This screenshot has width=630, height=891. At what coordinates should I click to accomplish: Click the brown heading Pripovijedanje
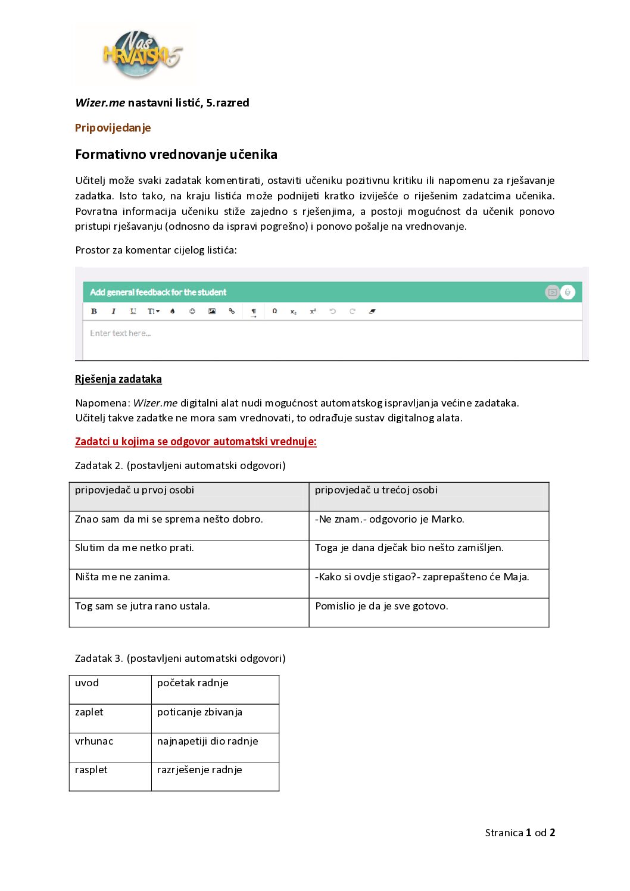coord(113,128)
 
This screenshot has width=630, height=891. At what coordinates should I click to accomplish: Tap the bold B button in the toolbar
coord(93,311)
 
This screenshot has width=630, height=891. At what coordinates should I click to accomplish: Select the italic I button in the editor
coord(113,311)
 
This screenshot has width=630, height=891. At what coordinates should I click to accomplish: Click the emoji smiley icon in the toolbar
coord(192,311)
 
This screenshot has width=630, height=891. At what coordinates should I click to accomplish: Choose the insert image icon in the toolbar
coord(212,311)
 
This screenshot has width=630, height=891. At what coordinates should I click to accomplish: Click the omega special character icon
coord(275,311)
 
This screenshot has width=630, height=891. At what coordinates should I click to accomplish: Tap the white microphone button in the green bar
coord(568,292)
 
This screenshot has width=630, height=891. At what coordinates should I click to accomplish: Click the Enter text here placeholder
coord(120,333)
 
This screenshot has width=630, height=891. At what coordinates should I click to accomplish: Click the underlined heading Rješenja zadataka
coord(118,379)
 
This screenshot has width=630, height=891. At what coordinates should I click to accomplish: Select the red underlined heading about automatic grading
coord(195,442)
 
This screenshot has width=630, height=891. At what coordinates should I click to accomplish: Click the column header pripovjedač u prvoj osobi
coord(135,490)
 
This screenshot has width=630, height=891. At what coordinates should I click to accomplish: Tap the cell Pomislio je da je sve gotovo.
coord(382,606)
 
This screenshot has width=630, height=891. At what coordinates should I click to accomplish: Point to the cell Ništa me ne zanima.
coord(123,577)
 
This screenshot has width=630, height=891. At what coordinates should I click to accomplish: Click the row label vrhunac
coord(94,742)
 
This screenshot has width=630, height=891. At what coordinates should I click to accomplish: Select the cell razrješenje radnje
coord(199,770)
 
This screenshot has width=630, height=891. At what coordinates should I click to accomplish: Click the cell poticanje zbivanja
coord(199,712)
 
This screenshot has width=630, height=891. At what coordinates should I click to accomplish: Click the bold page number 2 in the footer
coord(552,833)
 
